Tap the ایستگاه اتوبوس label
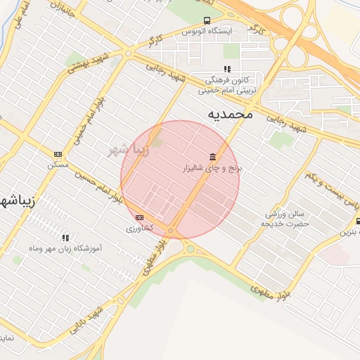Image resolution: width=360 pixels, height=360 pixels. tap(207, 32)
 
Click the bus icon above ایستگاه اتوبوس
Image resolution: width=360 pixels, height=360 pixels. tap(207, 20)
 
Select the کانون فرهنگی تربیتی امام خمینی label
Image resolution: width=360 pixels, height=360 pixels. tap(226, 86)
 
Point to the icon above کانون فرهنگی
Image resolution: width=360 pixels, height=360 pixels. tap(226, 69)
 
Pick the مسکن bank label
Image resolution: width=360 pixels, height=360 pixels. tap(57, 165)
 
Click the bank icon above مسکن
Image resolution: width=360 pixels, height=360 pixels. tap(58, 154)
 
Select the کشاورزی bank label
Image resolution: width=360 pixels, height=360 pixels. tap(139, 229)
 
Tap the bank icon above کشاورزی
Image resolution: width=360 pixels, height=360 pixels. tap(139, 217)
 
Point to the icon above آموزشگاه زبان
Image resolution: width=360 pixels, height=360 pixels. tap(66, 238)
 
